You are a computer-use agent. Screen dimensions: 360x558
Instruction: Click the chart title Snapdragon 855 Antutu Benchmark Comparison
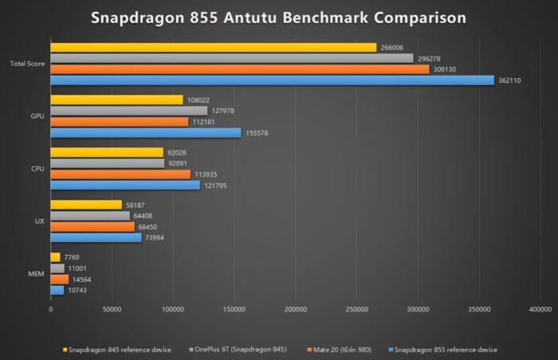coord(278,17)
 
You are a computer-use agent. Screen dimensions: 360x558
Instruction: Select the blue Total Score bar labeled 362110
coord(272,80)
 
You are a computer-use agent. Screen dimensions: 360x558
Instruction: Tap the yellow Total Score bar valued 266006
coord(213,48)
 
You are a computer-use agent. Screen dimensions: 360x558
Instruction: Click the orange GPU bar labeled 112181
coord(120,122)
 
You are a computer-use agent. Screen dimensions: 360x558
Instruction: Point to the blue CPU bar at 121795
coord(125,185)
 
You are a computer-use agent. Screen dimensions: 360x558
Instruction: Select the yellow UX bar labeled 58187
coord(86,205)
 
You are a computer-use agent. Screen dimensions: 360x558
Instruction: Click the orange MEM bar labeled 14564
coord(60,279)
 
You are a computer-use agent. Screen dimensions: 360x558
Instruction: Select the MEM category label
coord(37,273)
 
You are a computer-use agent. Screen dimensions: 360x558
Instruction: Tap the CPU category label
coord(37,169)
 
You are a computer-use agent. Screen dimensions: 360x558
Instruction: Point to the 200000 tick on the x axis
coord(296,308)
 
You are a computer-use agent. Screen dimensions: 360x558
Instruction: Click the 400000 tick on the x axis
coord(540,308)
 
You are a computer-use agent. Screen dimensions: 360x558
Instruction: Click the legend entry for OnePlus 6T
coord(226,349)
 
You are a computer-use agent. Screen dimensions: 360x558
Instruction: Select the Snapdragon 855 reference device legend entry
coord(442,349)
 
